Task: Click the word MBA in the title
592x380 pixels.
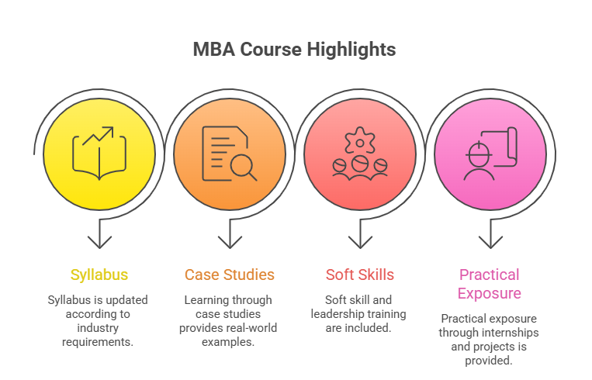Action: (214, 50)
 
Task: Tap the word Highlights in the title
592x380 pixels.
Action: (351, 50)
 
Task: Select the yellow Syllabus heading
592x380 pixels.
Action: (99, 275)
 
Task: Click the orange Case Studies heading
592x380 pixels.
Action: (230, 275)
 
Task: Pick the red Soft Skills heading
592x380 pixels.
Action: (360, 275)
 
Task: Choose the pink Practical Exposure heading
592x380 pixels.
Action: (490, 284)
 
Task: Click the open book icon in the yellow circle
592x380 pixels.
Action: (99, 157)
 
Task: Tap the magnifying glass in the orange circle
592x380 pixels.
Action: (244, 168)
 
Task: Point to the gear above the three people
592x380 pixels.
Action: (360, 141)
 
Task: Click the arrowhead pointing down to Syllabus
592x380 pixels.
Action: (99, 242)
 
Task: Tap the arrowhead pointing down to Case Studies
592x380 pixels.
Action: (230, 242)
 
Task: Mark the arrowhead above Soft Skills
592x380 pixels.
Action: (360, 242)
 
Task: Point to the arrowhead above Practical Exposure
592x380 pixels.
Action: (490, 242)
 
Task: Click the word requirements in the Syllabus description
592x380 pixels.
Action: (98, 342)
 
